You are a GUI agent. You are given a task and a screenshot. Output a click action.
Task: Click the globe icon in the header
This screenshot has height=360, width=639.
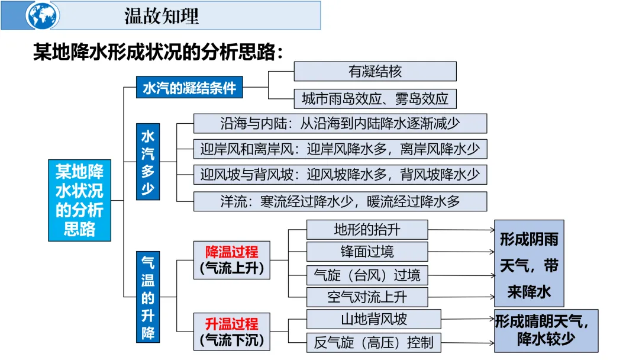point(43,16)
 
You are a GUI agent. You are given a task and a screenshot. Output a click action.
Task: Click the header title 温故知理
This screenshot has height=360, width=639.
point(162,16)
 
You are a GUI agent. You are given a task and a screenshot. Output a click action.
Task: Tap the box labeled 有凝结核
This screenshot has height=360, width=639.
point(375,72)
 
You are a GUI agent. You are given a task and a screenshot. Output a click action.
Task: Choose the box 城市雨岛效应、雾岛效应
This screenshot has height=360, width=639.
point(375,98)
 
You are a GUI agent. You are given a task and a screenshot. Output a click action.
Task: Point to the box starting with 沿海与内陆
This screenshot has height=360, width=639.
point(340,124)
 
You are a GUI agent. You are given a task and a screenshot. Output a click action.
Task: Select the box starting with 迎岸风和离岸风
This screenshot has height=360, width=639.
point(340,149)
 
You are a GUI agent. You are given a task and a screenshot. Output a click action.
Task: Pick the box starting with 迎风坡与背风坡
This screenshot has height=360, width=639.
point(340,175)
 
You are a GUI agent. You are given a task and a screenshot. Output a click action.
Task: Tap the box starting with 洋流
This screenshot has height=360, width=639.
point(340,201)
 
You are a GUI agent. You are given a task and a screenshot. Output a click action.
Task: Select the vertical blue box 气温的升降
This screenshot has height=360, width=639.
point(147,297)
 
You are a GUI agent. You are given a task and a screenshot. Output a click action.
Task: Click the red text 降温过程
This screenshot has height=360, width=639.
point(232,251)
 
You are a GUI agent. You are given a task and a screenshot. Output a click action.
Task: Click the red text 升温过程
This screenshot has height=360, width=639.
point(232,324)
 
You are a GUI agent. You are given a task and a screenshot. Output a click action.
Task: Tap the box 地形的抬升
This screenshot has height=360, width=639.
point(367,230)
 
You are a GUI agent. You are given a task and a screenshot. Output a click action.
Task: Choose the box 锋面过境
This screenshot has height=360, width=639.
point(367,252)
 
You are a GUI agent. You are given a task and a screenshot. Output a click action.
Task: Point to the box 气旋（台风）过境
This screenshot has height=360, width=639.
point(367,275)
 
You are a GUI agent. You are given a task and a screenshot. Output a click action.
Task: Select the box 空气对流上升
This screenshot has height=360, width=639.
point(367,297)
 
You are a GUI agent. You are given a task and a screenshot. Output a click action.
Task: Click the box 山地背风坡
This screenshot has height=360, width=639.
point(374,320)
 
